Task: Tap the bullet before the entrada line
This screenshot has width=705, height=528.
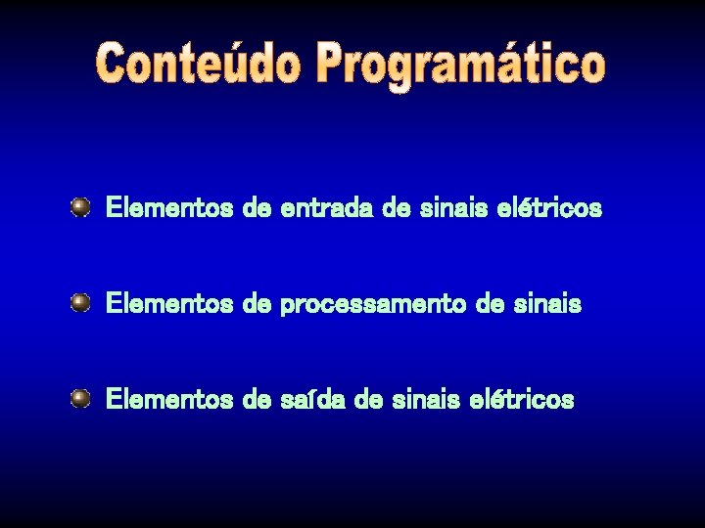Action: (80, 207)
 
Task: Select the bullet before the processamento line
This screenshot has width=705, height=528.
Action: (80, 303)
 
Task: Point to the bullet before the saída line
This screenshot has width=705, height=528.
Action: (80, 398)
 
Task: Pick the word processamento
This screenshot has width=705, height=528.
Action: (373, 305)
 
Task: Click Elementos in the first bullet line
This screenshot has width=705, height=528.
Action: (168, 208)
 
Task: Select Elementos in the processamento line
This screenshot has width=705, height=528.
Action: (168, 304)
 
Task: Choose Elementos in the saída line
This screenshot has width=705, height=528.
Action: (168, 400)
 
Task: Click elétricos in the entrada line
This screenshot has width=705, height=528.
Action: (550, 208)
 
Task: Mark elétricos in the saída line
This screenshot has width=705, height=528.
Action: (523, 400)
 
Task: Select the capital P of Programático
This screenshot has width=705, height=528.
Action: (335, 64)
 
